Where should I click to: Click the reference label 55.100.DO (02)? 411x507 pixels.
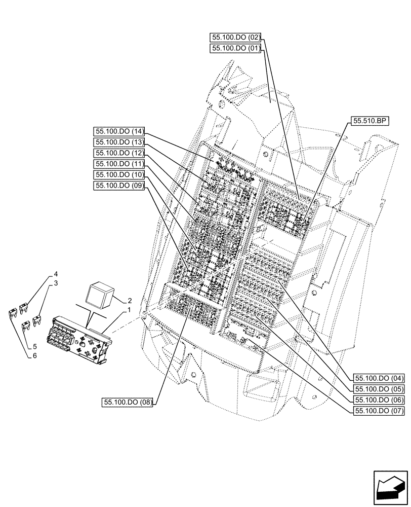coord(236,38)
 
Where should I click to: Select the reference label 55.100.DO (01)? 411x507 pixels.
coord(236,49)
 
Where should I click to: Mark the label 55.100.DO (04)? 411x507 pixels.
coord(379,378)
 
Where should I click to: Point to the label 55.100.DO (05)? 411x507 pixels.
coord(379,389)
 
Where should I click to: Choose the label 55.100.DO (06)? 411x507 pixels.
coord(379,400)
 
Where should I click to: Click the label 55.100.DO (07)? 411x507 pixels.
coord(379,411)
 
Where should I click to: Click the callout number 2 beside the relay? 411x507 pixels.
coord(130,300)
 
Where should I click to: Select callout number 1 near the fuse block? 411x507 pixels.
coord(130,310)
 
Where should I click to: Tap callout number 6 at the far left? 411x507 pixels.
coord(34,356)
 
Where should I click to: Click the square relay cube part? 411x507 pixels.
coord(102,294)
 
